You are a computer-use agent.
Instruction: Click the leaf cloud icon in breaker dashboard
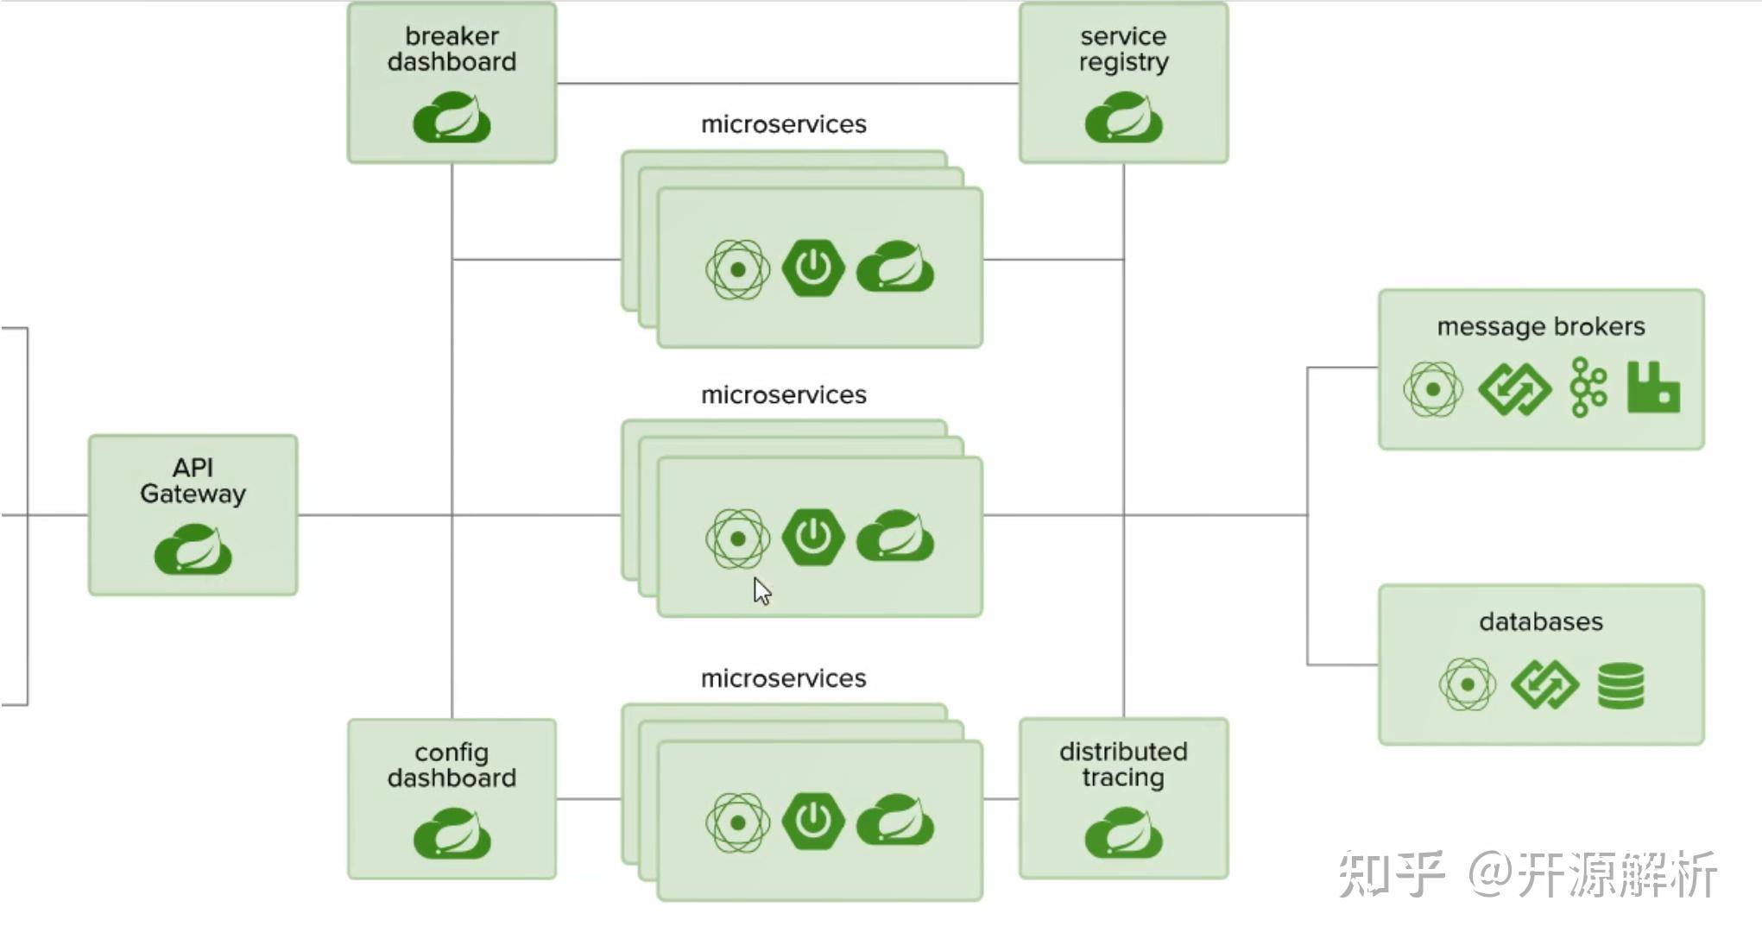point(452,118)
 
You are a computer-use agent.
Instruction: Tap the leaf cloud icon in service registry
point(1123,118)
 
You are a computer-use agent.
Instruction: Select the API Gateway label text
point(193,481)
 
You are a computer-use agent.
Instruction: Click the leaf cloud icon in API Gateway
point(193,550)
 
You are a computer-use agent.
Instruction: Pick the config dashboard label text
point(452,765)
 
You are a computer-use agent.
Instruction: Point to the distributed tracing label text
point(1123,765)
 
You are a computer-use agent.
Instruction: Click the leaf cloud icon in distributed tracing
point(1123,834)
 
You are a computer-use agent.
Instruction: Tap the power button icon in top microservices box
point(812,268)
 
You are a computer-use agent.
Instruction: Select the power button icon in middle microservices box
point(812,537)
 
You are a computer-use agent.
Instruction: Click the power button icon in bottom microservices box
point(812,821)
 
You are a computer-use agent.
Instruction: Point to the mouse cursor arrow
point(761,591)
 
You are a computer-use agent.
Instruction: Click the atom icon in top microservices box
point(737,270)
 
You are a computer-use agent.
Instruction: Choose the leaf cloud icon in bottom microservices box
point(895,821)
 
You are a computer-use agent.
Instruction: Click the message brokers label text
point(1540,327)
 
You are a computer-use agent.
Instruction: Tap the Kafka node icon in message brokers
point(1588,387)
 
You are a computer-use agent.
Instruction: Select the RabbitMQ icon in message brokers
point(1653,387)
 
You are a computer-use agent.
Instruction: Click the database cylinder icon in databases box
point(1620,685)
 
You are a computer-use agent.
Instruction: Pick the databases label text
point(1540,622)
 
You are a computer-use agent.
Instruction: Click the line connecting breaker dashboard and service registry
point(787,84)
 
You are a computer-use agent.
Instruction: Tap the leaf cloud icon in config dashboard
point(452,835)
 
